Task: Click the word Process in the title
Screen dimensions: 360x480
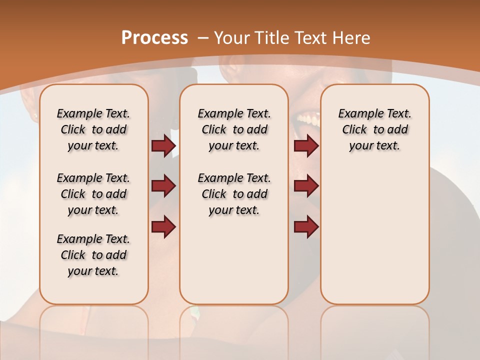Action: [154, 37]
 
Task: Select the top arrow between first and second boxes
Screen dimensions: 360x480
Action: [163, 146]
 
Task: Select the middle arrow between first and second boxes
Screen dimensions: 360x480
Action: [163, 186]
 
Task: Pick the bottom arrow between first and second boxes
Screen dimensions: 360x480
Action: [163, 226]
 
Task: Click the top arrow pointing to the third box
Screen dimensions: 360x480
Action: [306, 146]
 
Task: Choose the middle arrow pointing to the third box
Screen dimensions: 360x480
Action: [306, 186]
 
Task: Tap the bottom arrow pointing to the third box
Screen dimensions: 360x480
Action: [306, 226]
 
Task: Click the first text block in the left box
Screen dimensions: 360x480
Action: [93, 129]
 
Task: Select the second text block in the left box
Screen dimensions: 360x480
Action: [93, 194]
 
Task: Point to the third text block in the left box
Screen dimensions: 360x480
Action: [93, 255]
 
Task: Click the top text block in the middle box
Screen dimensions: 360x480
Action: [234, 129]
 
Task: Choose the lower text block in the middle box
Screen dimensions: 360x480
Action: [234, 194]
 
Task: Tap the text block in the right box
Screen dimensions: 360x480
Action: [374, 129]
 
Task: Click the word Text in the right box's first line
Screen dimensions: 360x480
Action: [397, 113]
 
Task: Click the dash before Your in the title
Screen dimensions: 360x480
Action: [203, 37]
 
